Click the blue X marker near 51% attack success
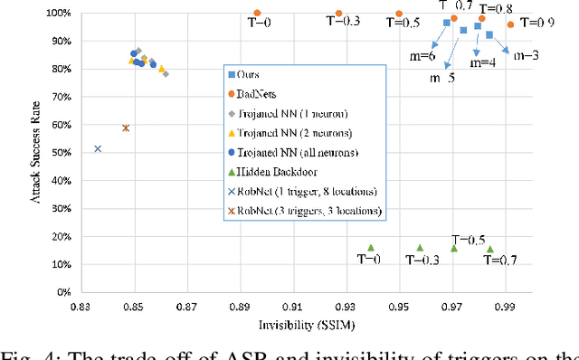click(98, 148)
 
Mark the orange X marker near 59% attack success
click(126, 128)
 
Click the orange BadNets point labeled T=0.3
click(338, 14)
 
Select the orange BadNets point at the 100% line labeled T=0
click(257, 14)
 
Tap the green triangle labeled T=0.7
click(489, 249)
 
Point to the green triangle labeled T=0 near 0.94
click(371, 247)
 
